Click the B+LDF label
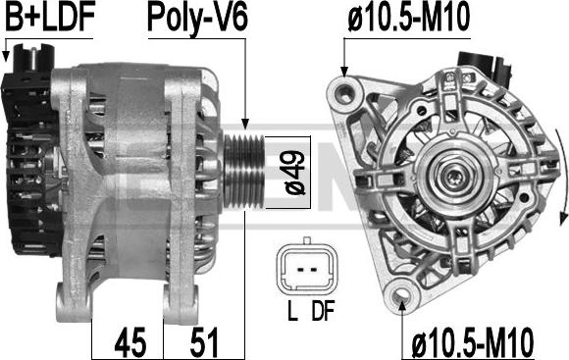[x=50, y=16]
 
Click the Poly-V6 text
[x=198, y=18]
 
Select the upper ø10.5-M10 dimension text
[x=409, y=17]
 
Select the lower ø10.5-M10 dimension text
[x=473, y=342]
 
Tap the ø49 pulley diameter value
[x=295, y=173]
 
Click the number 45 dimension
[x=130, y=342]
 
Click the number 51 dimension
[x=204, y=342]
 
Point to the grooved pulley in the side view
[x=243, y=172]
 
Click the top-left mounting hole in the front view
[x=345, y=93]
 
